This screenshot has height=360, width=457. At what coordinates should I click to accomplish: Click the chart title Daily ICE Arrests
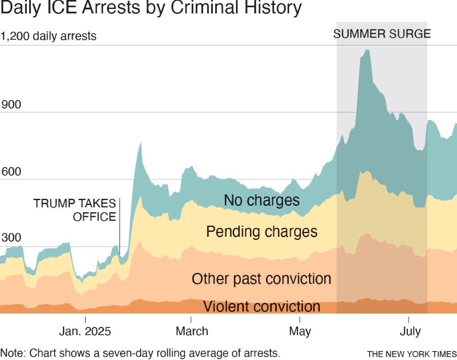pos(151,8)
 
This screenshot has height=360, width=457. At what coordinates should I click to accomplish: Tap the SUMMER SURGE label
pos(382,34)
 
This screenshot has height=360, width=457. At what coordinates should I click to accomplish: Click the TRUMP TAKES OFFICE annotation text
pos(75,210)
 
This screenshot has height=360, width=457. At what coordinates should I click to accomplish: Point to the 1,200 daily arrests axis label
pos(49,36)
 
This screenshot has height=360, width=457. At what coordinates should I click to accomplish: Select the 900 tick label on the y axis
pos(11,105)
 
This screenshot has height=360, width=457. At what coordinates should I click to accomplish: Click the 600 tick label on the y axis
pos(11,172)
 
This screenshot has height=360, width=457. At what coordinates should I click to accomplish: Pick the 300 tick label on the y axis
pos(11,238)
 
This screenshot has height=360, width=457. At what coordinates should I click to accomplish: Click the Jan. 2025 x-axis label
pos(85,332)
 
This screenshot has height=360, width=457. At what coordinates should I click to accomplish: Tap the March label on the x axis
pos(191,331)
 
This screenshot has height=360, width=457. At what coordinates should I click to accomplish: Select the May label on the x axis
pos(300,331)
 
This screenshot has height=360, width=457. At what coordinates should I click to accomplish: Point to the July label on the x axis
pos(409,332)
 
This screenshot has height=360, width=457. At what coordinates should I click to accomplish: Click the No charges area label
pos(262,201)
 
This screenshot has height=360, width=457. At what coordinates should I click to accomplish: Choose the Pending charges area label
pos(262,232)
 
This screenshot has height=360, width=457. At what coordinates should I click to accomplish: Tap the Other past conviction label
pos(262,279)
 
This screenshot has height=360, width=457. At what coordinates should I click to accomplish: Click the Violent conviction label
pos(262,307)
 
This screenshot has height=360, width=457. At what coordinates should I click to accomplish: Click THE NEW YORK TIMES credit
pos(411,354)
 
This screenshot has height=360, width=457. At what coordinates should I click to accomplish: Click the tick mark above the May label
pos(300,319)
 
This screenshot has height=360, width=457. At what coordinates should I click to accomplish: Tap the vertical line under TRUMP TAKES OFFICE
pos(120,239)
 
